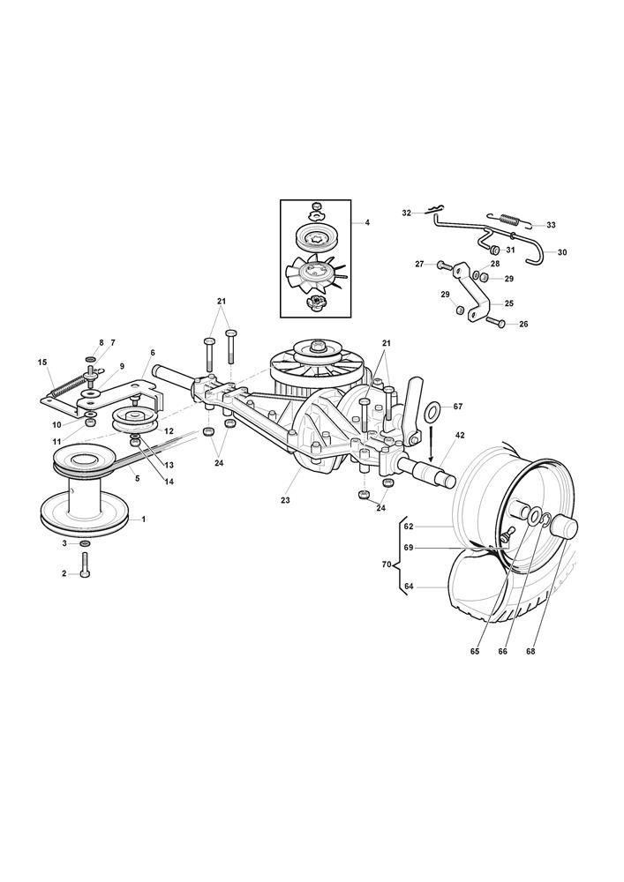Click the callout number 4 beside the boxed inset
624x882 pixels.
tap(367, 223)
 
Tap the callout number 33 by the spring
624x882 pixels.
tap(552, 226)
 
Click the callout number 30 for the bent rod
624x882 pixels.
tap(562, 253)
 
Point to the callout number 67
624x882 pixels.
tap(458, 407)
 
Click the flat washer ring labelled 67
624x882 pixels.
tap(434, 411)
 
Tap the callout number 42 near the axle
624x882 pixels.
tap(461, 436)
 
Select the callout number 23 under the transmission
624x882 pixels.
tap(286, 500)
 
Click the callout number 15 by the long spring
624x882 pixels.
tap(42, 363)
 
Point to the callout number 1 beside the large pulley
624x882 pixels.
tap(144, 519)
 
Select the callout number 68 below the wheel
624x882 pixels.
tap(555, 652)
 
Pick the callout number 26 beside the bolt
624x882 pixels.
tap(524, 325)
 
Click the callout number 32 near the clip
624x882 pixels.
tap(407, 213)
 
